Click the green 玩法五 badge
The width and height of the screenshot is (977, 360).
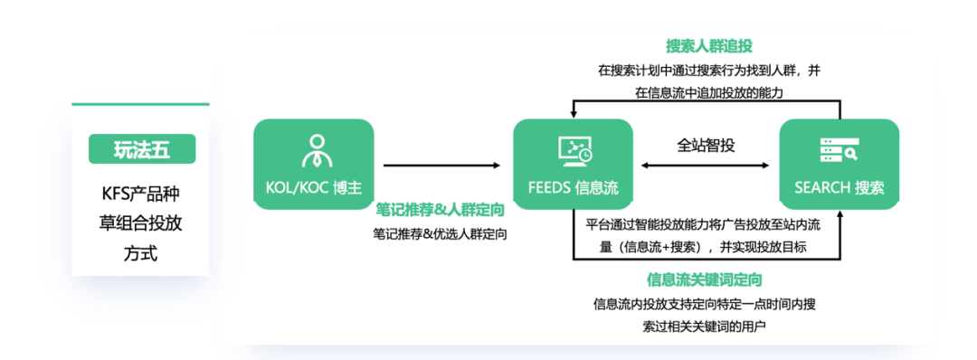point(142,149)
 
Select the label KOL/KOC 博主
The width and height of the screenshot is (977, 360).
point(314,188)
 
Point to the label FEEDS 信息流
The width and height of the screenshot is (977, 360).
point(573,188)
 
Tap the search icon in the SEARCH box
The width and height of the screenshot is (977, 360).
point(839,150)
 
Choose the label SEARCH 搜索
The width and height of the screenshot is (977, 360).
point(839,188)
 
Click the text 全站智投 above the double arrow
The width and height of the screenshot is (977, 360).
point(706,145)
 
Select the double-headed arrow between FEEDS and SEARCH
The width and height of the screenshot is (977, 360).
point(706,166)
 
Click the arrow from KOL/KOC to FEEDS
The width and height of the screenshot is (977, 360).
point(441,166)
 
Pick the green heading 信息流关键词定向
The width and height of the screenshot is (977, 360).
point(705,279)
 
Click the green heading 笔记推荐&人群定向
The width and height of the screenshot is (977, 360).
point(440,210)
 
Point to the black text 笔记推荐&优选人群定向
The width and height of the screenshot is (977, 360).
point(440,235)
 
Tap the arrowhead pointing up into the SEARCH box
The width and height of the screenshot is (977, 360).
point(839,213)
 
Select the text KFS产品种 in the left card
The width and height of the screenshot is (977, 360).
point(140,194)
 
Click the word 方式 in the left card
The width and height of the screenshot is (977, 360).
point(140,254)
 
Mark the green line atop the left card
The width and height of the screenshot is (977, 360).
point(140,104)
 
